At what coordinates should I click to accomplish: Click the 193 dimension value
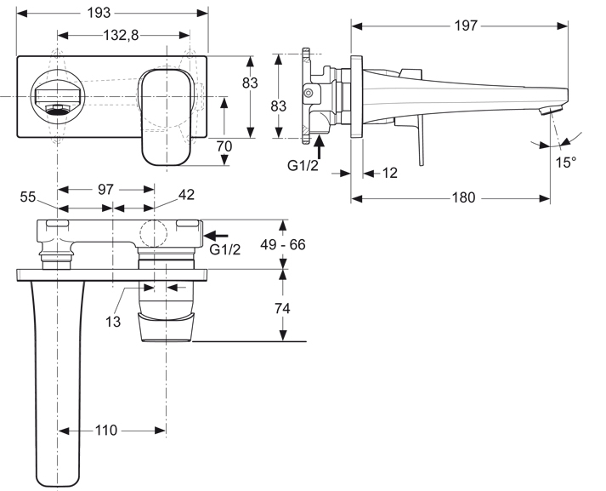pyautogui.click(x=99, y=13)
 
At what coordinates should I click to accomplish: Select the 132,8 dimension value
pyautogui.click(x=121, y=35)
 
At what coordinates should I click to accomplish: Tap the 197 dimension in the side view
pyautogui.click(x=466, y=26)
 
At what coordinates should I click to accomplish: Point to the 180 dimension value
pyautogui.click(x=463, y=197)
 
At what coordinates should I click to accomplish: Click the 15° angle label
pyautogui.click(x=566, y=163)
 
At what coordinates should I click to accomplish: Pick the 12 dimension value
pyautogui.click(x=389, y=173)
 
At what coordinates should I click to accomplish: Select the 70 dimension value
pyautogui.click(x=224, y=146)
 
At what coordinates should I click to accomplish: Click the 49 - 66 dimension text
pyautogui.click(x=283, y=244)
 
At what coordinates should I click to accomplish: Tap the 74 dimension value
pyautogui.click(x=282, y=308)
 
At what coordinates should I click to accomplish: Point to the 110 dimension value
pyautogui.click(x=106, y=430)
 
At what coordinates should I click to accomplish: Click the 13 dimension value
pyautogui.click(x=113, y=321)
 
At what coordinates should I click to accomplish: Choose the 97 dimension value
pyautogui.click(x=106, y=189)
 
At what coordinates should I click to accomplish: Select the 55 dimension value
pyautogui.click(x=28, y=197)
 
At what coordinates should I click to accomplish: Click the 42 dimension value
pyautogui.click(x=186, y=195)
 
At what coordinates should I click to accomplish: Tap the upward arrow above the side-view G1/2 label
pyautogui.click(x=319, y=147)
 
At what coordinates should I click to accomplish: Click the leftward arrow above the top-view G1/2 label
pyautogui.click(x=216, y=235)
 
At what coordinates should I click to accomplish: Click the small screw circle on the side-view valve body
pyautogui.click(x=308, y=94)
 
